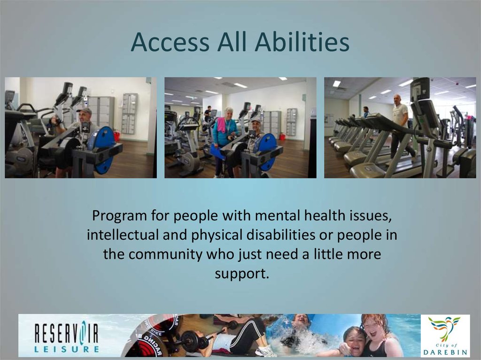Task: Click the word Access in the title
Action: (x=170, y=42)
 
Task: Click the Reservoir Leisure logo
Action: (x=66, y=335)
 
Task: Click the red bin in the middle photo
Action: (x=282, y=137)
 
